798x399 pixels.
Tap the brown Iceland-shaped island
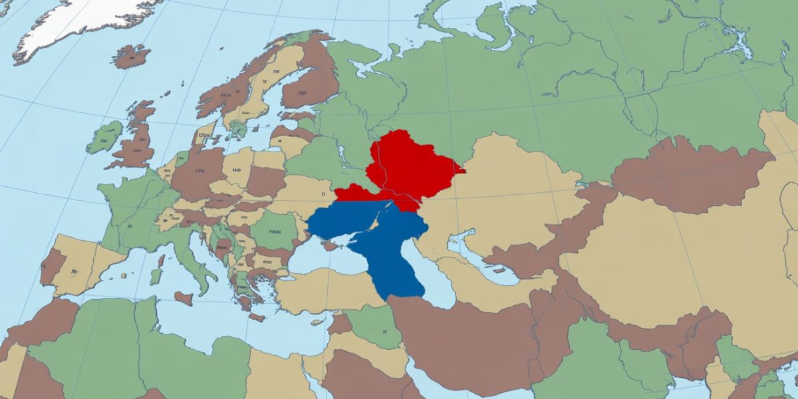click(x=131, y=57)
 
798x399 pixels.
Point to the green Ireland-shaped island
click(x=104, y=136)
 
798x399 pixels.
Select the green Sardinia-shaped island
click(x=155, y=275)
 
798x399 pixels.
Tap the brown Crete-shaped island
click(x=257, y=317)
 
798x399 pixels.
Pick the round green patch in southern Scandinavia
click(x=237, y=128)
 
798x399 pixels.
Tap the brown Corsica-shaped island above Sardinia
click(x=161, y=258)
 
